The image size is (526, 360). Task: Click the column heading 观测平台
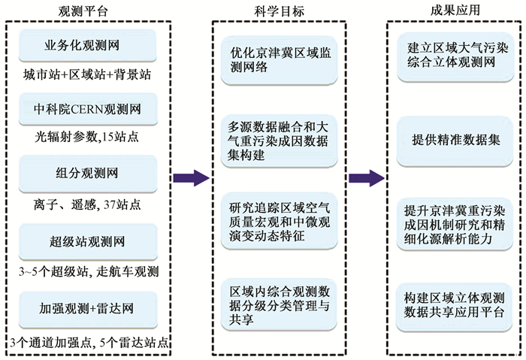pos(83,11)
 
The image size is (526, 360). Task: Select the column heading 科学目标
pos(279,11)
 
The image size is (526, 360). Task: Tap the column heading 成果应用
pos(455,10)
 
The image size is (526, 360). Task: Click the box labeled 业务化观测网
pos(88,46)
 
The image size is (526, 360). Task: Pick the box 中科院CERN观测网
pos(88,110)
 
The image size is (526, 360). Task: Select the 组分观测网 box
pos(88,174)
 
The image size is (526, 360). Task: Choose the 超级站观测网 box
pos(88,242)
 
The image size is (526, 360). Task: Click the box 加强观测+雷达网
pos(88,310)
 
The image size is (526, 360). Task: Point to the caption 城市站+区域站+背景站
pos(87,75)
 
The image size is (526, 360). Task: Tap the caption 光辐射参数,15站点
pos(87,137)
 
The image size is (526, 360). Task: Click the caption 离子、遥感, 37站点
pos(87,204)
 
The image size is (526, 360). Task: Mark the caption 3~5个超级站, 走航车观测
pos(89,271)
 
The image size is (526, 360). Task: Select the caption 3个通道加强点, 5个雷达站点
pos(89,343)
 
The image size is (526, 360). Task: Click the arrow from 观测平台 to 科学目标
pos(191,178)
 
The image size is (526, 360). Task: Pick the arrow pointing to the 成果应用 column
pos(367,178)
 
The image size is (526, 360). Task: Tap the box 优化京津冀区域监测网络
pos(279,60)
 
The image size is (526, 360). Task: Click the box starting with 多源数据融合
pos(279,141)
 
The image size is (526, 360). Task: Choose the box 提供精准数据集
pos(455,141)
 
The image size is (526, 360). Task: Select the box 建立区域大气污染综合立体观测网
pos(455,57)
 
